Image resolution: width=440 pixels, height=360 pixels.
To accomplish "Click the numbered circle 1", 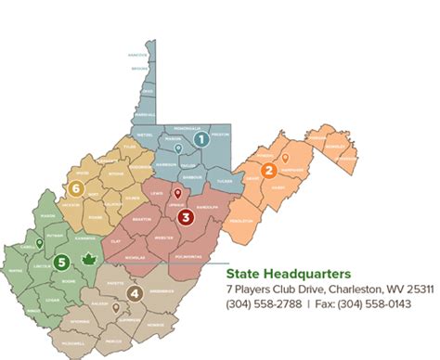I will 200,139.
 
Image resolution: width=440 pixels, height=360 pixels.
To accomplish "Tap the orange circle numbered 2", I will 268,170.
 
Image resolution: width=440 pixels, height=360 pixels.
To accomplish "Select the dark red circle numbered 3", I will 186,218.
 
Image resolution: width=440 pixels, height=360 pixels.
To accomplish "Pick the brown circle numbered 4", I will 135,294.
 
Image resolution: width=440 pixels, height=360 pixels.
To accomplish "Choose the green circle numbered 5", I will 60,262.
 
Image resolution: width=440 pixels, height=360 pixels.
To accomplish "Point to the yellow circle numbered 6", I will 76,188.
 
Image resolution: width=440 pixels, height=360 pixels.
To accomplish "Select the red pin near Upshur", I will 177,195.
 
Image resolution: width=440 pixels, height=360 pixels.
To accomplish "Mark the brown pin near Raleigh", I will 115,305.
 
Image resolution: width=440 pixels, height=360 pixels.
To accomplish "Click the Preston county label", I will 220,135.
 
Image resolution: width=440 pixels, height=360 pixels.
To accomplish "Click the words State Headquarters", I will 288,275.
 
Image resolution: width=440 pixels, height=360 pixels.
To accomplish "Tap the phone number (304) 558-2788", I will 260,302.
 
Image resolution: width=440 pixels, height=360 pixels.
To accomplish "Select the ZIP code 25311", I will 418,289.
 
